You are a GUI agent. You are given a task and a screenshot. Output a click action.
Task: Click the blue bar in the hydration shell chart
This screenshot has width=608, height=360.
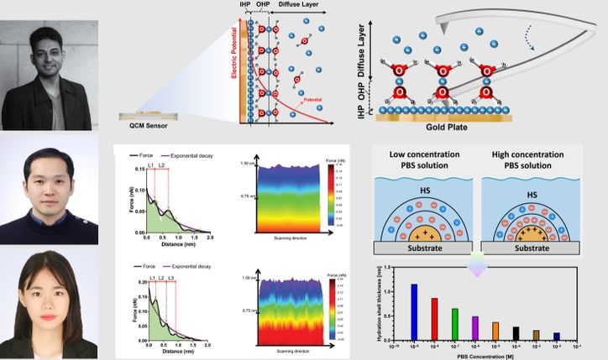(414, 310)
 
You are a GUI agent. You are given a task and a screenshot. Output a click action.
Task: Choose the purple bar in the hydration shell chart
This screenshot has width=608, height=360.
(474, 327)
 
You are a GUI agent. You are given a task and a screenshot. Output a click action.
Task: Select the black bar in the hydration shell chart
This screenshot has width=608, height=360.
(515, 332)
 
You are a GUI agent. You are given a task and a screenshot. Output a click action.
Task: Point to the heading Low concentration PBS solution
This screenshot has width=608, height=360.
(424, 161)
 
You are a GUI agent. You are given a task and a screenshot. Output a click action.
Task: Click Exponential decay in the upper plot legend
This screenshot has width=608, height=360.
(195, 156)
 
